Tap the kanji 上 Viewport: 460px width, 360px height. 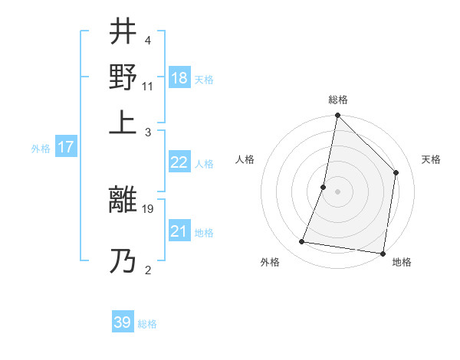(x=123, y=120)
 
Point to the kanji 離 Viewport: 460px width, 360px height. (x=123, y=201)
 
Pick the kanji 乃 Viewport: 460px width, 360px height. (x=123, y=261)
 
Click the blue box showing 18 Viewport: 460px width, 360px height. (x=179, y=78)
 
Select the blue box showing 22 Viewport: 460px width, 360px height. (x=179, y=162)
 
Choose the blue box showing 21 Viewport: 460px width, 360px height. (x=179, y=231)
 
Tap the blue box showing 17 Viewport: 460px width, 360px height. (x=65, y=147)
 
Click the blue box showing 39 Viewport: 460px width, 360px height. (x=123, y=322)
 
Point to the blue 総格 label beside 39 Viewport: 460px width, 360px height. (x=148, y=324)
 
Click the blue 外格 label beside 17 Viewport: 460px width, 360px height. (x=40, y=149)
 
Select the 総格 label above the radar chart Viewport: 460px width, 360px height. (x=337, y=100)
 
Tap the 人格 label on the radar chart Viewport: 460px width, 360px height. (x=245, y=159)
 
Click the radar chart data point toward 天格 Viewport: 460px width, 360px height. (x=396, y=172)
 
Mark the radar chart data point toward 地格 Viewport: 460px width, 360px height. (x=383, y=253)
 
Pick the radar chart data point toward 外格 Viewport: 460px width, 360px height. (x=302, y=242)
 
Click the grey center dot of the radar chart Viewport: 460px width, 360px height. (x=337, y=191)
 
